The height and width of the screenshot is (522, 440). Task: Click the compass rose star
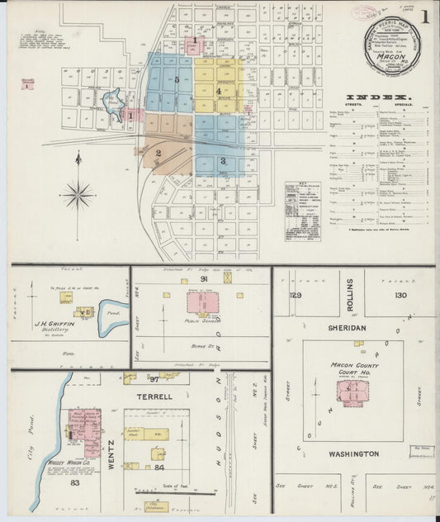coord(79,196)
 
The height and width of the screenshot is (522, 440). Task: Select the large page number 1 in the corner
coord(424,17)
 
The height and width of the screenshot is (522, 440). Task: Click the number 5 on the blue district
coord(177,79)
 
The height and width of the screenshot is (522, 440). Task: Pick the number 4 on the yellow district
coord(218,91)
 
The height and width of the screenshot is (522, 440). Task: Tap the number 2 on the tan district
coord(157,153)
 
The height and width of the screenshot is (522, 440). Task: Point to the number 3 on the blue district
coord(223,160)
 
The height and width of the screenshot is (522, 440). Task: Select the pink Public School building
coord(202,302)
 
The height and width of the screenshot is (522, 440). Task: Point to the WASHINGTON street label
coord(352,454)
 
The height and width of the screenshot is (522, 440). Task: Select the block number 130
coord(400,295)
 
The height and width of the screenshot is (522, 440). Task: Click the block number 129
coord(296,295)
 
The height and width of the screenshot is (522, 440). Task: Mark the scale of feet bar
coord(159,486)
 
